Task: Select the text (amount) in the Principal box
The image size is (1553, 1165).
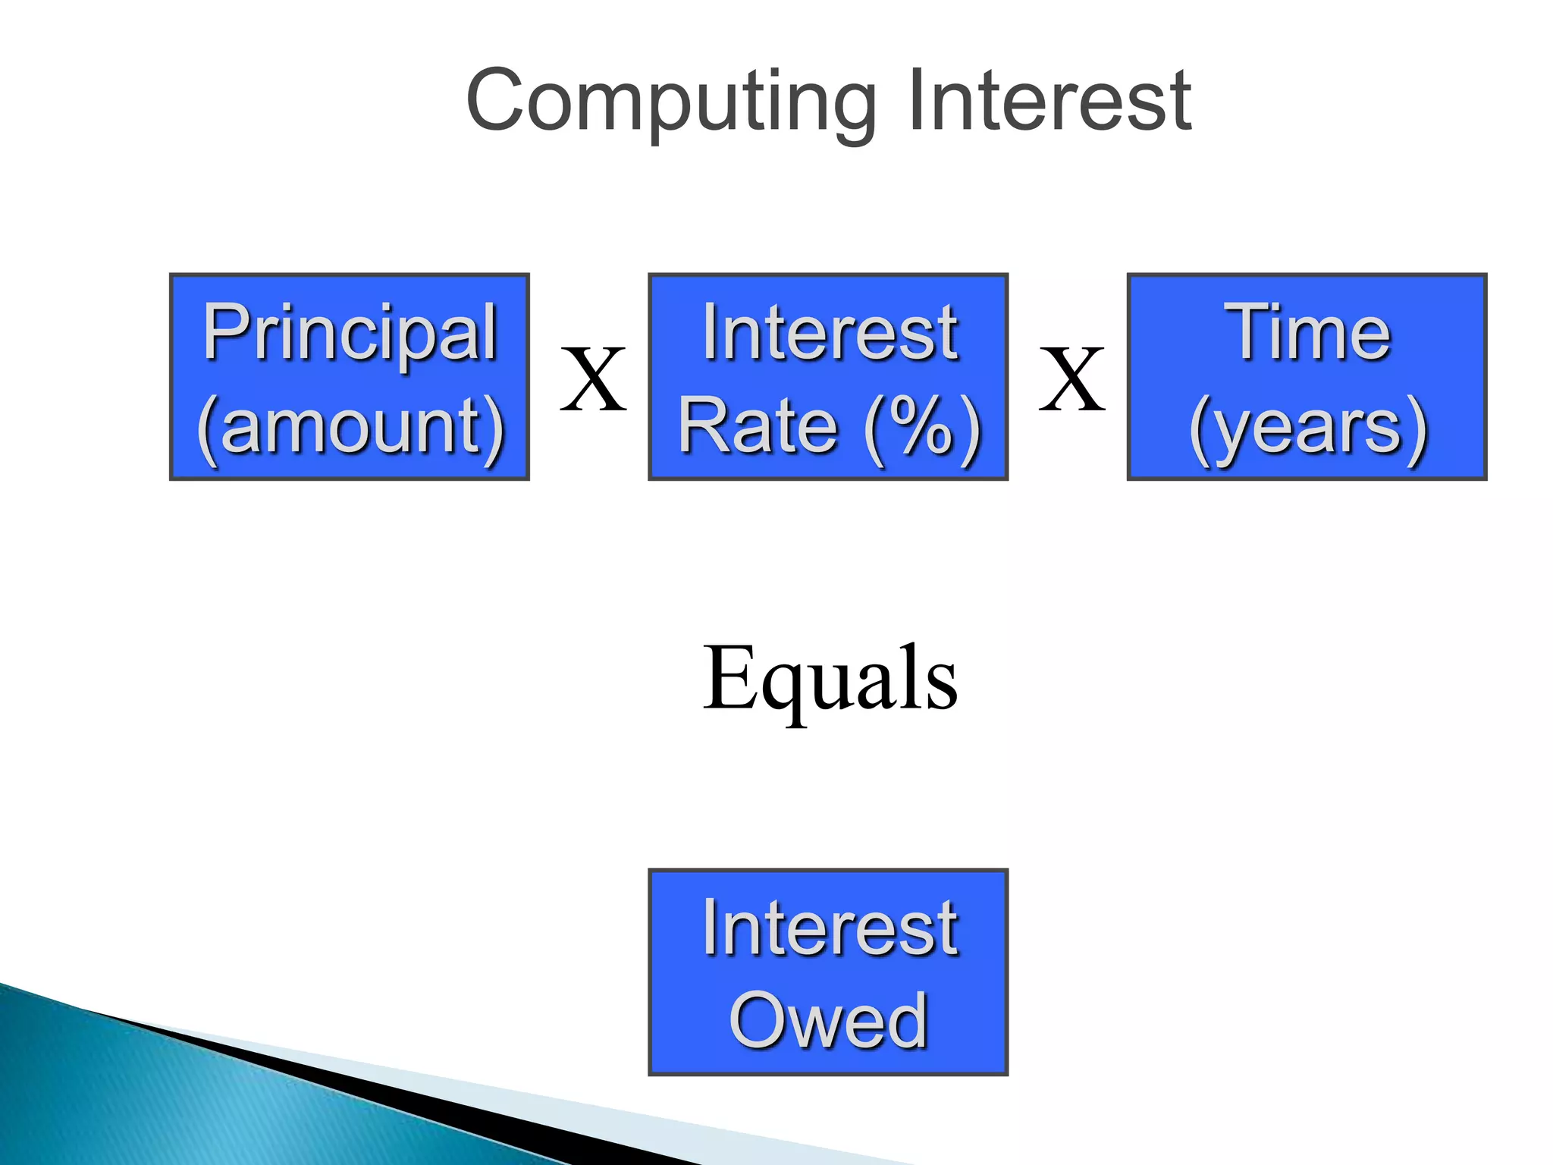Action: [x=350, y=426]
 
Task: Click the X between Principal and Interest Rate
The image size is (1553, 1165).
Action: [x=593, y=379]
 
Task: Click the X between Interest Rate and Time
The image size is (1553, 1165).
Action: [x=1071, y=379]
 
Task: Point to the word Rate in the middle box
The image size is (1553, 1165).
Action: [x=758, y=426]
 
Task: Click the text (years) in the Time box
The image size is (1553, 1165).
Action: [x=1307, y=426]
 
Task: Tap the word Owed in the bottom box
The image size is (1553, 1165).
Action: [x=828, y=1021]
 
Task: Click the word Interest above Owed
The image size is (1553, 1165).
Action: [x=830, y=927]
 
